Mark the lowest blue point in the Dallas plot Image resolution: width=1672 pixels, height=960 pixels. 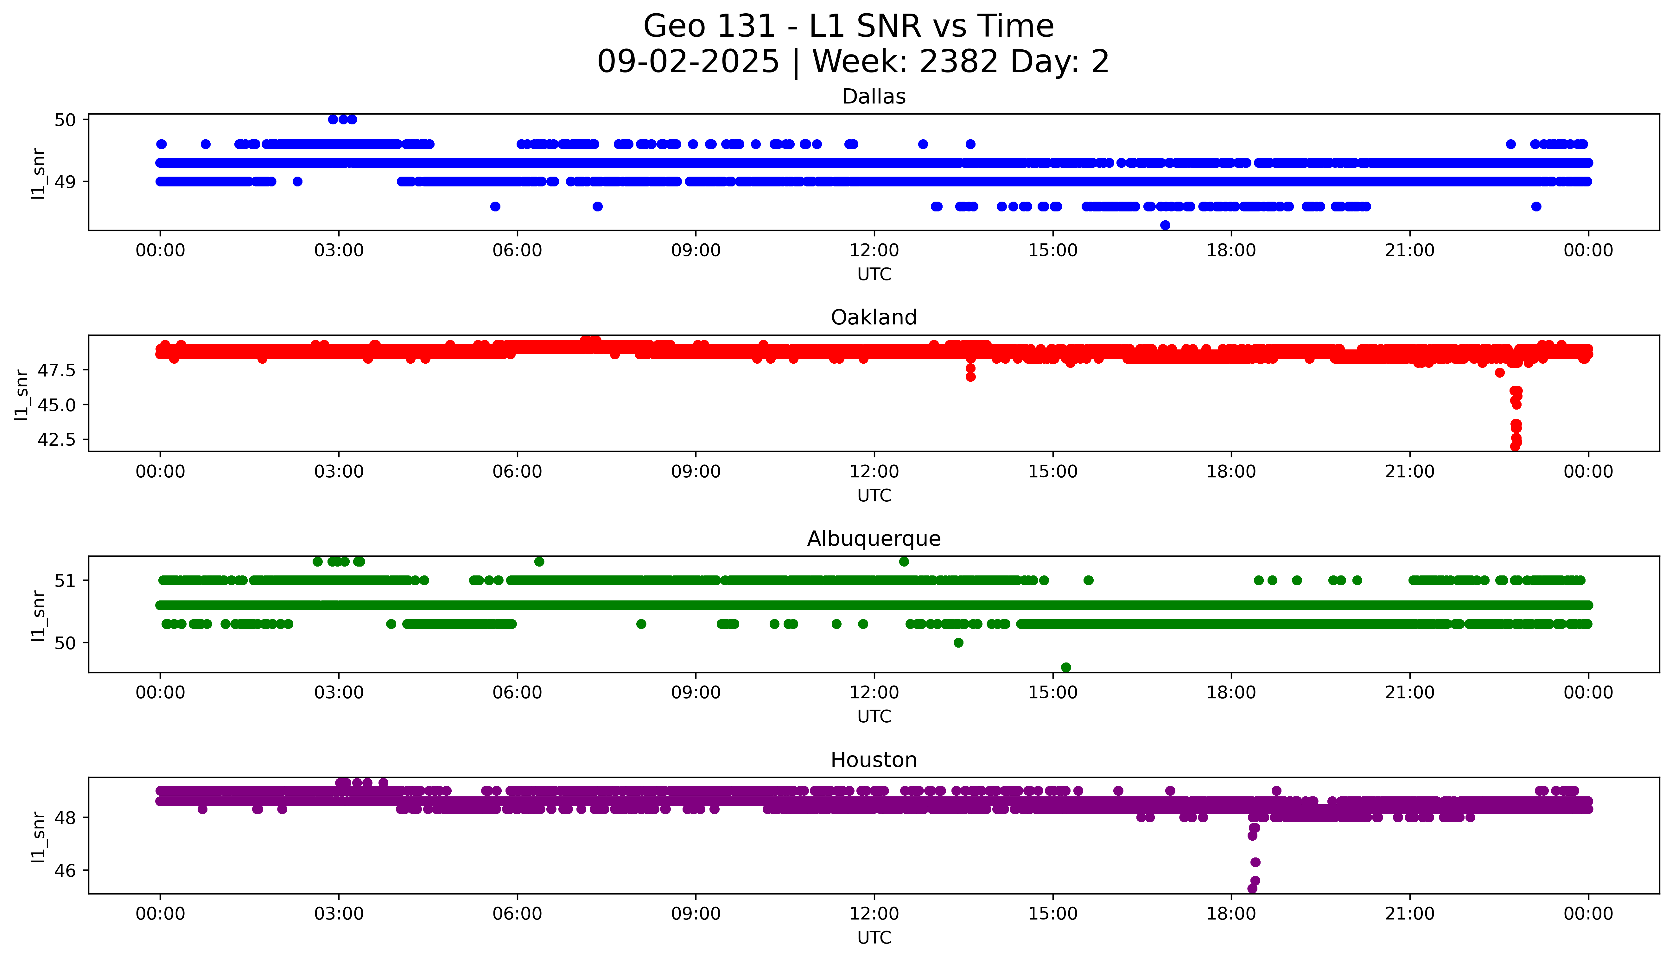pyautogui.click(x=1165, y=225)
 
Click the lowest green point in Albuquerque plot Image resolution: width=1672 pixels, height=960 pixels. pyautogui.click(x=1066, y=667)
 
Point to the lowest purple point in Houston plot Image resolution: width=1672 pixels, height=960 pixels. pyautogui.click(x=1252, y=889)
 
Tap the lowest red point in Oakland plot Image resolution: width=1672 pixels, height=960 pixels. pyautogui.click(x=1515, y=446)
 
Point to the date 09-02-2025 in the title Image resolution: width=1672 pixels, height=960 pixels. pyautogui.click(x=688, y=62)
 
